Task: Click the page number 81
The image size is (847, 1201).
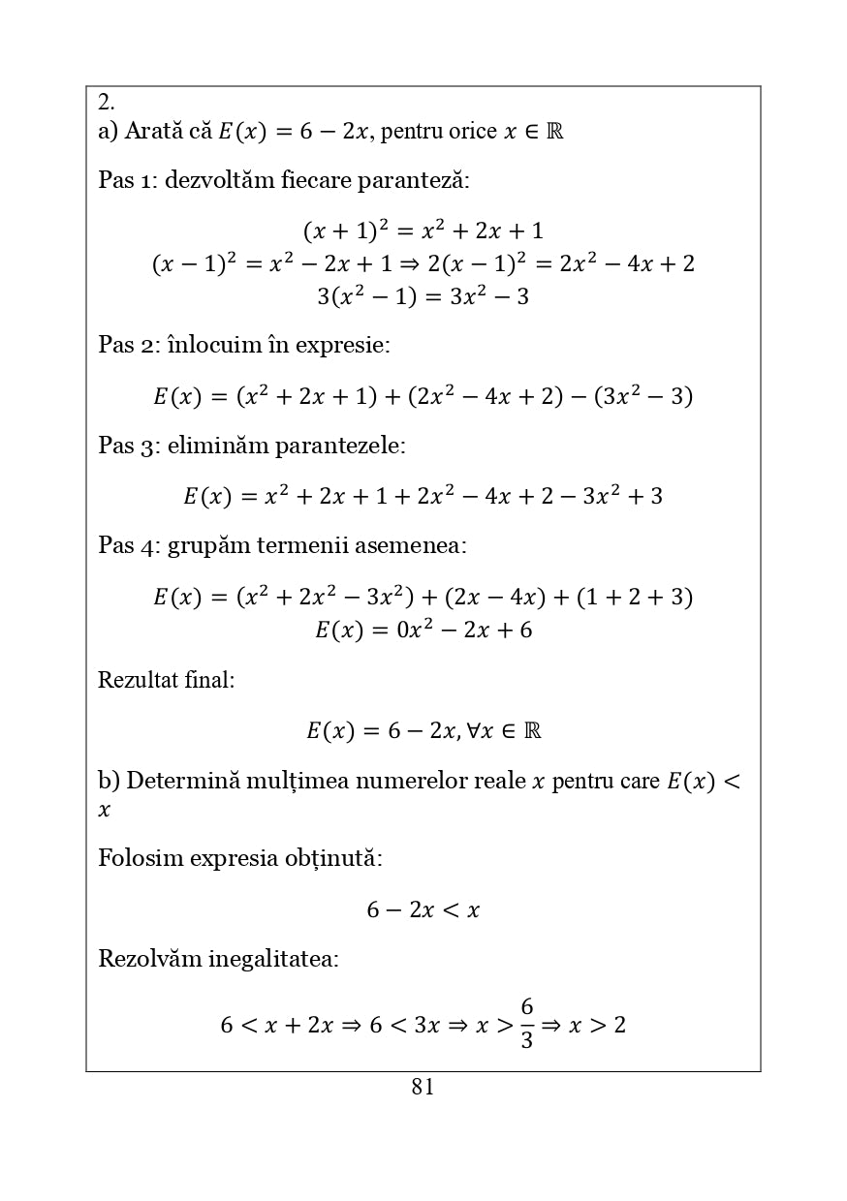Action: (423, 1088)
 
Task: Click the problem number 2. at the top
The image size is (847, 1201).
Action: (107, 103)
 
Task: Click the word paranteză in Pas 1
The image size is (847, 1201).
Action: (413, 181)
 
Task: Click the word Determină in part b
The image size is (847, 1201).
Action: (182, 782)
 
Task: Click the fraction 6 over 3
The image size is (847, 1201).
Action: (526, 1024)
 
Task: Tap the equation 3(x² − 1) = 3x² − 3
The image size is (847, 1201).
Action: (423, 297)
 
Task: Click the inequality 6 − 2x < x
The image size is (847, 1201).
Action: (423, 910)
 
